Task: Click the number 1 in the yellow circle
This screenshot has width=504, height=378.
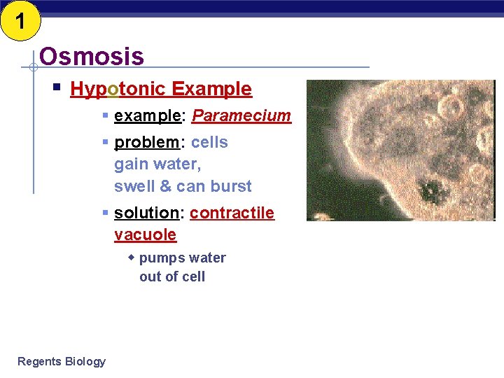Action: point(20,22)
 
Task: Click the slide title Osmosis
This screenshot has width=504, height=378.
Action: point(92,56)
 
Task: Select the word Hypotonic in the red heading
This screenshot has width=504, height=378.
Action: point(118,89)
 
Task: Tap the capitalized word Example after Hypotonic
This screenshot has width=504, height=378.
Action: point(211,89)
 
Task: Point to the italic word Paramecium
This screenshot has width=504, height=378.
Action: point(241,115)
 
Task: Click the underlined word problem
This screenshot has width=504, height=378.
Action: point(147,142)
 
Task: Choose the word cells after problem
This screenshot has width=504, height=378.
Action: point(209,142)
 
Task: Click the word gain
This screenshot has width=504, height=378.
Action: point(131,164)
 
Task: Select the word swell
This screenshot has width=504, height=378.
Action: point(134,186)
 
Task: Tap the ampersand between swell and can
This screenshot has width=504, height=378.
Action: point(165,186)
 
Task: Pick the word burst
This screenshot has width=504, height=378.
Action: point(230,186)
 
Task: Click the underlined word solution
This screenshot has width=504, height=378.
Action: point(147,213)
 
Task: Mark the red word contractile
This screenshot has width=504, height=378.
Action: point(232,213)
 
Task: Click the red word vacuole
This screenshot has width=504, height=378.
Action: point(145,234)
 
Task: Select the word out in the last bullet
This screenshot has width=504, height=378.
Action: point(150,276)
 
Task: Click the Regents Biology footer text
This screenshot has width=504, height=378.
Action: point(62,361)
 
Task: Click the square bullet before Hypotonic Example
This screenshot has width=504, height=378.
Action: point(57,88)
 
